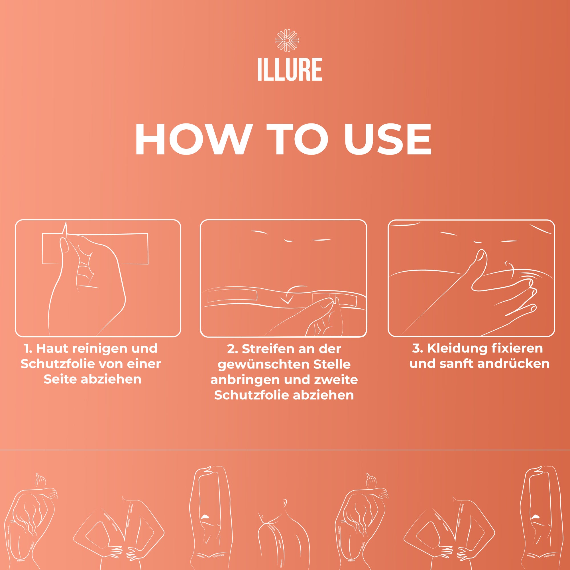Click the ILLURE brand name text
tap(290, 70)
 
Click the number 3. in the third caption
tap(418, 349)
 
